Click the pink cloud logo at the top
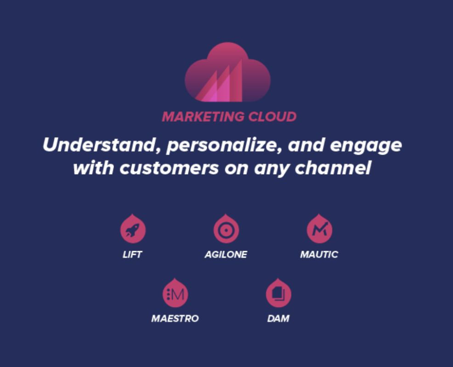tap(228, 72)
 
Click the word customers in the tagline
tap(169, 168)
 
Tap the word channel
tap(333, 168)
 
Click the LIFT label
tap(132, 254)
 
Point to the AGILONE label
tap(226, 254)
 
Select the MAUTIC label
tap(319, 254)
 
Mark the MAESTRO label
tap(175, 318)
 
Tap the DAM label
tap(278, 318)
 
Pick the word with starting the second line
tap(94, 168)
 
